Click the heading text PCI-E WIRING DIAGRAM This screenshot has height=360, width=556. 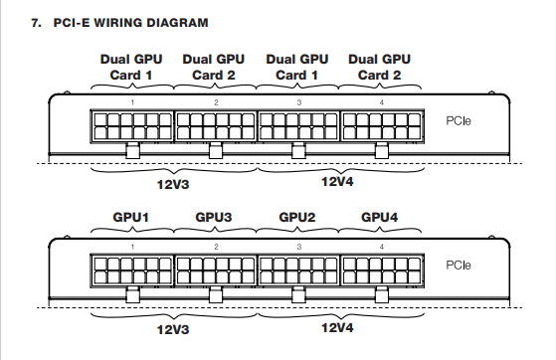[130, 23]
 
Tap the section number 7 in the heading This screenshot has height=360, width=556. [36, 23]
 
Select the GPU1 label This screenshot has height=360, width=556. [131, 217]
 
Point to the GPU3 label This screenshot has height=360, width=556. [214, 217]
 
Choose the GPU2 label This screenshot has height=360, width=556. [297, 217]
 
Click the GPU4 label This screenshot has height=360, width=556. [379, 217]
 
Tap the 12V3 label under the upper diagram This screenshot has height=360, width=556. [173, 184]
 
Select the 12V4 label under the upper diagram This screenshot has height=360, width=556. [337, 182]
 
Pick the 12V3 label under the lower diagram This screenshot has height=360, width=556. [173, 329]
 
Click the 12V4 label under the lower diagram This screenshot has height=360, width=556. [337, 327]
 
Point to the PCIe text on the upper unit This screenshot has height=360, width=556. [459, 121]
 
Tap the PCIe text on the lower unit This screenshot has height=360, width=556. [459, 265]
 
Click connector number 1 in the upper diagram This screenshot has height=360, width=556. [132, 102]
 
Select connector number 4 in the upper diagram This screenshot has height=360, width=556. [382, 102]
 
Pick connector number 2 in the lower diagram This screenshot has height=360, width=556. [216, 247]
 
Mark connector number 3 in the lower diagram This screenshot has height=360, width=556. [299, 247]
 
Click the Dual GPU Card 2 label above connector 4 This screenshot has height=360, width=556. [379, 68]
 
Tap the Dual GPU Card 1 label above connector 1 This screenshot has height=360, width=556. [131, 68]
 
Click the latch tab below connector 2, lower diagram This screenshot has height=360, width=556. [216, 295]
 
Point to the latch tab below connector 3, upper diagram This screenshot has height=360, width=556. [298, 151]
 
